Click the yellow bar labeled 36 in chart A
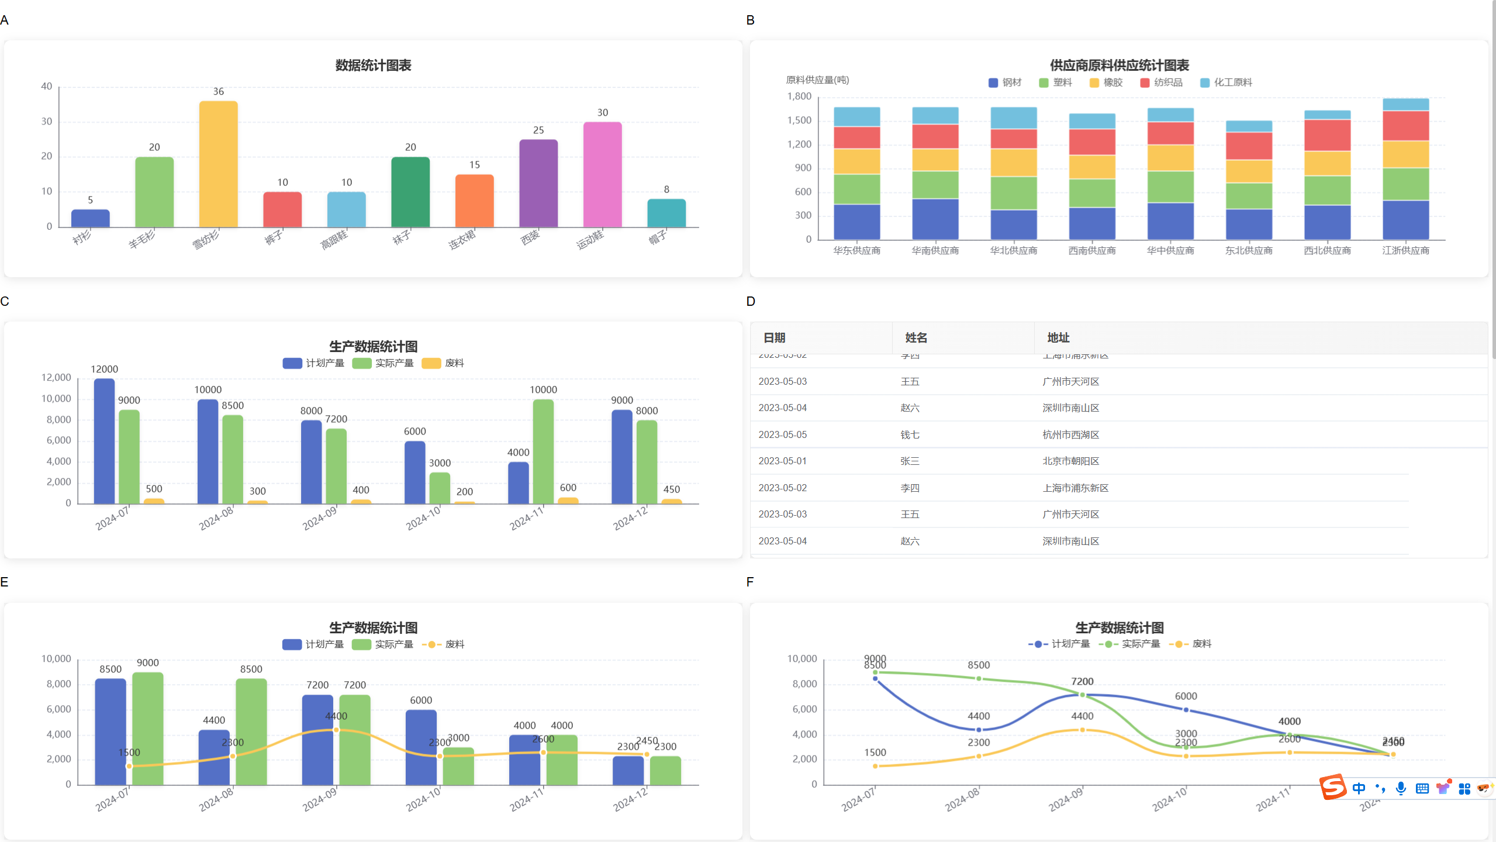point(218,164)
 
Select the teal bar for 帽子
point(666,213)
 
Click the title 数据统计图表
point(373,65)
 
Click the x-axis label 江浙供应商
point(1405,250)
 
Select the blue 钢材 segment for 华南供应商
point(935,219)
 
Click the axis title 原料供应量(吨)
point(817,80)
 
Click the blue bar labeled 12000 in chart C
point(104,441)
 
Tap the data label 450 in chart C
point(671,489)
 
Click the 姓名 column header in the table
point(915,337)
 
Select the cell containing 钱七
point(910,434)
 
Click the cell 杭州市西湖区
point(1070,434)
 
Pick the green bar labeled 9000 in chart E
point(147,728)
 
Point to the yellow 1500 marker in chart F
point(875,766)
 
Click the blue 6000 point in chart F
point(1186,710)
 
